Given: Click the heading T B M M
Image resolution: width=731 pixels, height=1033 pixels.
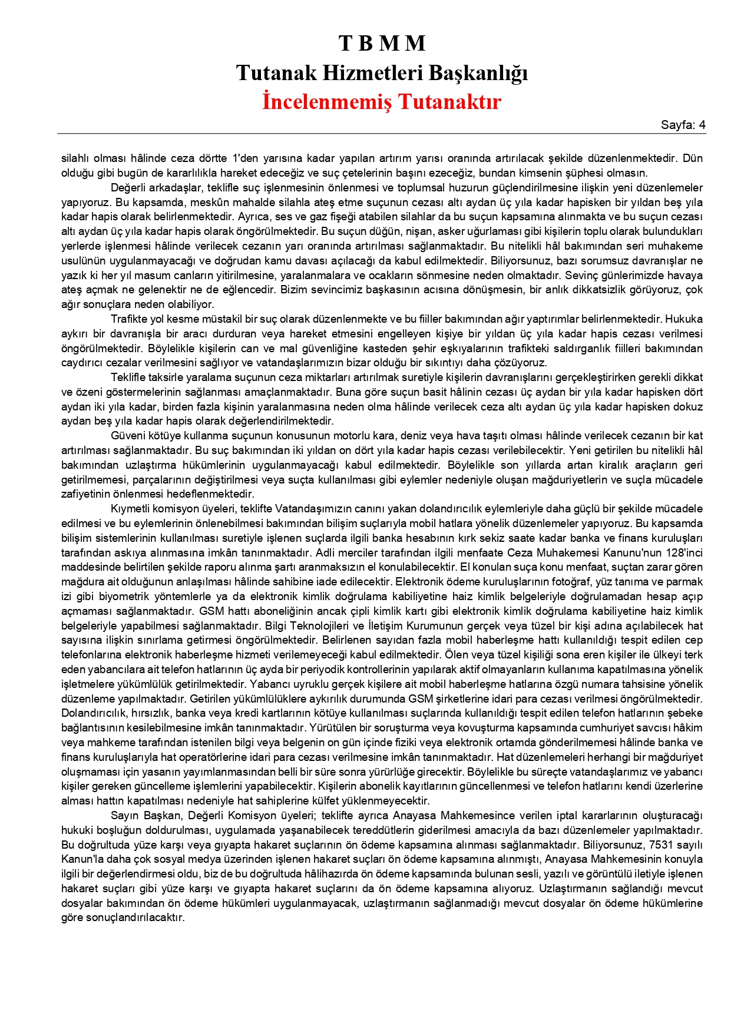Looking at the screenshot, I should [x=382, y=43].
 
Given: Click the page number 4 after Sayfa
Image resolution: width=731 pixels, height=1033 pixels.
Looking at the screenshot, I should [x=701, y=125].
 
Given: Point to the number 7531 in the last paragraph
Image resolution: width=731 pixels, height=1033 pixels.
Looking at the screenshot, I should [x=661, y=845].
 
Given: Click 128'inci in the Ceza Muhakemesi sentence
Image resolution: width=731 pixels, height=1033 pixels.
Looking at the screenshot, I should [x=683, y=552].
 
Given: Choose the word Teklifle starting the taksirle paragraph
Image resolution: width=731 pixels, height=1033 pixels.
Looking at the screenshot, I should [x=129, y=378].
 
